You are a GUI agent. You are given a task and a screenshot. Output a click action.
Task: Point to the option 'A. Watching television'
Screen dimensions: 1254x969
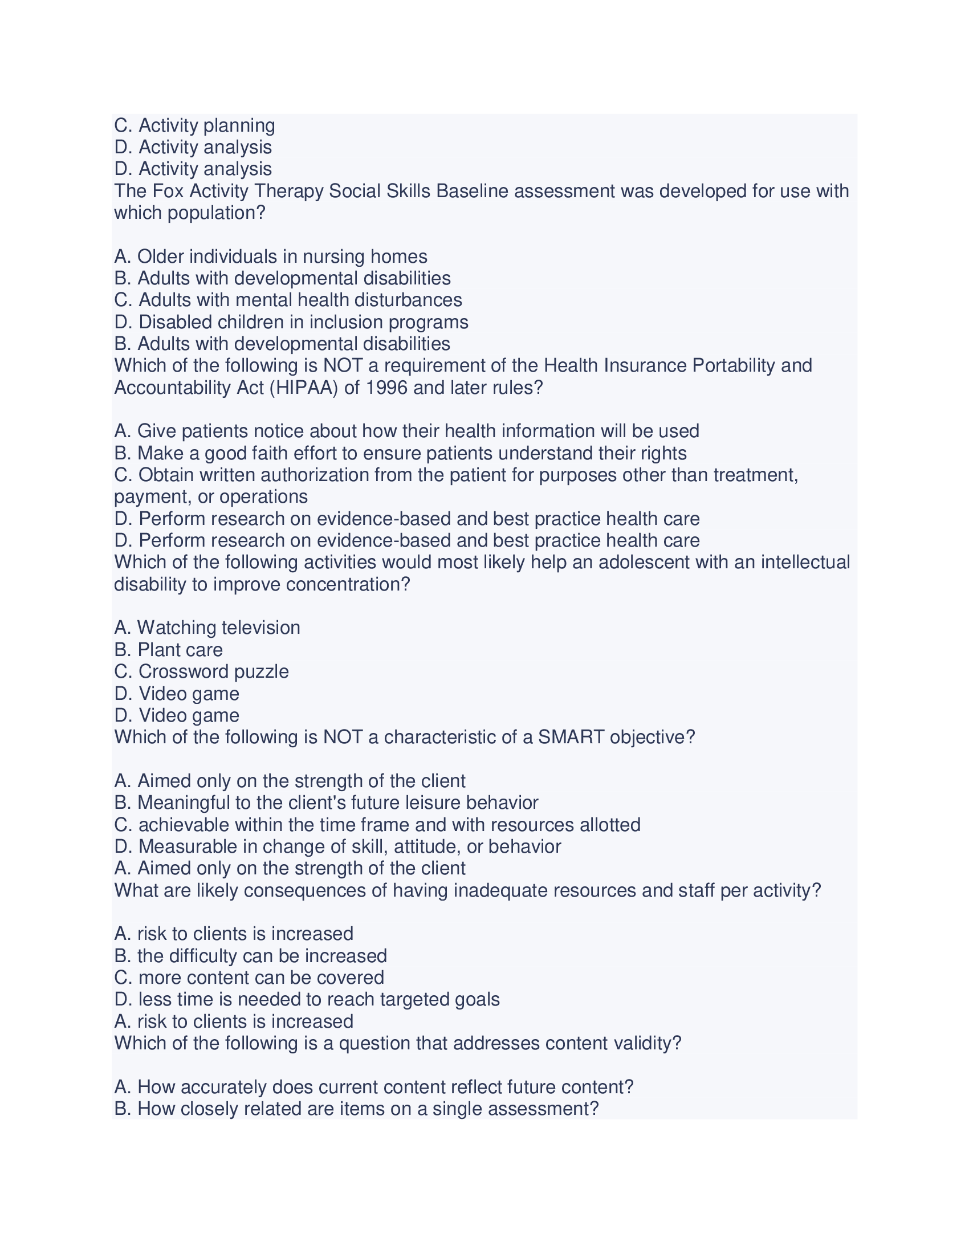click(x=207, y=628)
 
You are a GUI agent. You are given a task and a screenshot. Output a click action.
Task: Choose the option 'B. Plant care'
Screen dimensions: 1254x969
click(x=168, y=649)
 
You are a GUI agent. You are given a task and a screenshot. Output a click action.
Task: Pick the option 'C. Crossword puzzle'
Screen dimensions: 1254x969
click(x=201, y=671)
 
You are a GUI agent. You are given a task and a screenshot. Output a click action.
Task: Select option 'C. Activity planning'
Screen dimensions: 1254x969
click(x=194, y=125)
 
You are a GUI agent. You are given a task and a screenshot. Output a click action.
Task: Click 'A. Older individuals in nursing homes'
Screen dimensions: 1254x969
click(x=270, y=256)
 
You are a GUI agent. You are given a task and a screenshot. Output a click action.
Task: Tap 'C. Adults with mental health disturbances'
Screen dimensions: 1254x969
click(x=288, y=300)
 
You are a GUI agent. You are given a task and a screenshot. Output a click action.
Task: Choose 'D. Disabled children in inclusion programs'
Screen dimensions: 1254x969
click(x=291, y=322)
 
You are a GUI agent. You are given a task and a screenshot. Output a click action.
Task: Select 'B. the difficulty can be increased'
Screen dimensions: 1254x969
click(x=250, y=955)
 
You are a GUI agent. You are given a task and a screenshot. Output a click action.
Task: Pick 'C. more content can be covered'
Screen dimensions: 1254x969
click(x=249, y=977)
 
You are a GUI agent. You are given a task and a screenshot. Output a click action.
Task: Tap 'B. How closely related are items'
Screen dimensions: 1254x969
click(x=356, y=1109)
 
